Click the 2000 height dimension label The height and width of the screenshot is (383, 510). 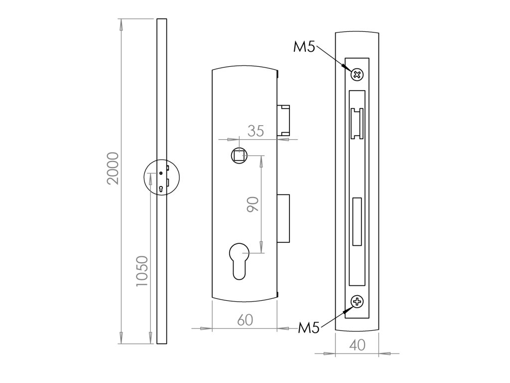[114, 169]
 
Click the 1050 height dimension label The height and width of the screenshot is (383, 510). [142, 271]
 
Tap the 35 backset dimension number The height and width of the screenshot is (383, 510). [255, 131]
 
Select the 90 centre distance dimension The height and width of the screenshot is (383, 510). [253, 205]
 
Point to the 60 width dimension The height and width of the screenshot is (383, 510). [245, 320]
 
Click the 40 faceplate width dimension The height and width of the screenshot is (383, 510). [357, 345]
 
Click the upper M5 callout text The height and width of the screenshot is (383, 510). [304, 47]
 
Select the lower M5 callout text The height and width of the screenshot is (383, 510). [309, 328]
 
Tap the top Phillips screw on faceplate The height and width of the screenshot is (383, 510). [357, 75]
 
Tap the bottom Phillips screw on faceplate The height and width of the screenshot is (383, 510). [357, 302]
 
